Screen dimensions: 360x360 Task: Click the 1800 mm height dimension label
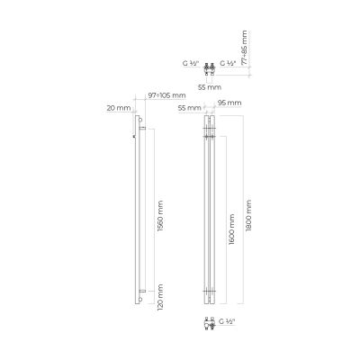click(248, 215)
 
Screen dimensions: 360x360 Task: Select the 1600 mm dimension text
click(231, 229)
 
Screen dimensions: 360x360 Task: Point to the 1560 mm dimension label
click(160, 216)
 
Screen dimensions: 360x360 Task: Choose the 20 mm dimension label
click(119, 108)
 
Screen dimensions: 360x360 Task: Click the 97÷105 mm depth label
click(167, 95)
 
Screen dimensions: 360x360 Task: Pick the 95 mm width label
click(229, 103)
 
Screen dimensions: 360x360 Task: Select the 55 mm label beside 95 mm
click(189, 108)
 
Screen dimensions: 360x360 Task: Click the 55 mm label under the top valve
click(210, 87)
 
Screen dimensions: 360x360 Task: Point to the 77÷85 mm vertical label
click(245, 48)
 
